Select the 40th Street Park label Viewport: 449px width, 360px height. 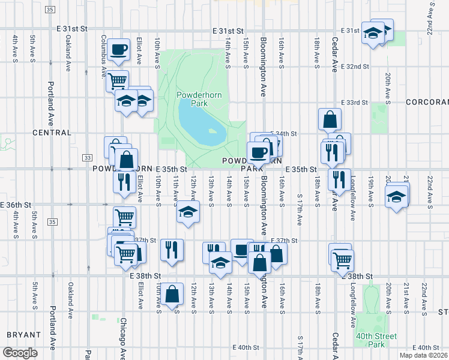pos(376,340)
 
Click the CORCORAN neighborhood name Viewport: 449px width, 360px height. pos(427,103)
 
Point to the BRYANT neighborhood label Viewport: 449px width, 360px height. pos(23,334)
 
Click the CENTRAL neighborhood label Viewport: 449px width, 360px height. pos(52,132)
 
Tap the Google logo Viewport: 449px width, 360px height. pos(20,352)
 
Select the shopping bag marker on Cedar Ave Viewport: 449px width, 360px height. pos(330,119)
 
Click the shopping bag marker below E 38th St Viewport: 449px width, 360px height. pos(172,294)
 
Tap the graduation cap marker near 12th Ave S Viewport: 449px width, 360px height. pos(188,212)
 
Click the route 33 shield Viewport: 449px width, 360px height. pos(88,157)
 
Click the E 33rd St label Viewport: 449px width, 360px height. pos(354,103)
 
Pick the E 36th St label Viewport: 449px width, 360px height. pos(15,205)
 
